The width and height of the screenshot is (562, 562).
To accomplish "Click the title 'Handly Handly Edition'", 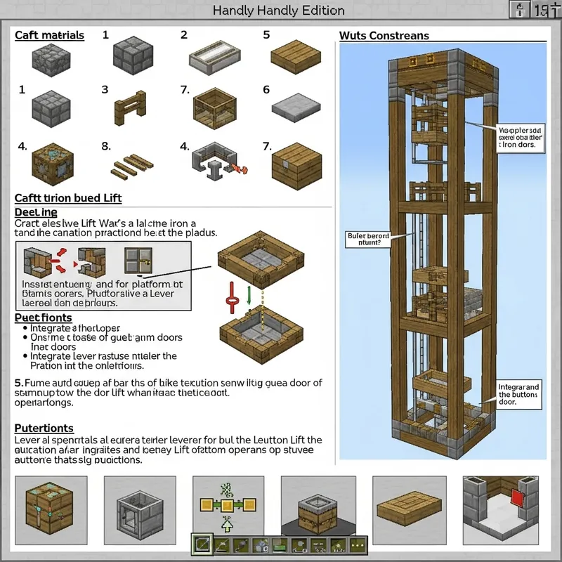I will coord(279,11).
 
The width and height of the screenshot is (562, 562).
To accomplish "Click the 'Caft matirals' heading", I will coord(49,35).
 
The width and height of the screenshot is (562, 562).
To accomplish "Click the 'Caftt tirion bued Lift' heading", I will coord(68,199).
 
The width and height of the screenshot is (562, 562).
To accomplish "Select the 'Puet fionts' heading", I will coord(44,318).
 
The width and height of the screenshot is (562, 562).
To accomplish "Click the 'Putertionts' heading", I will coord(44,427).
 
